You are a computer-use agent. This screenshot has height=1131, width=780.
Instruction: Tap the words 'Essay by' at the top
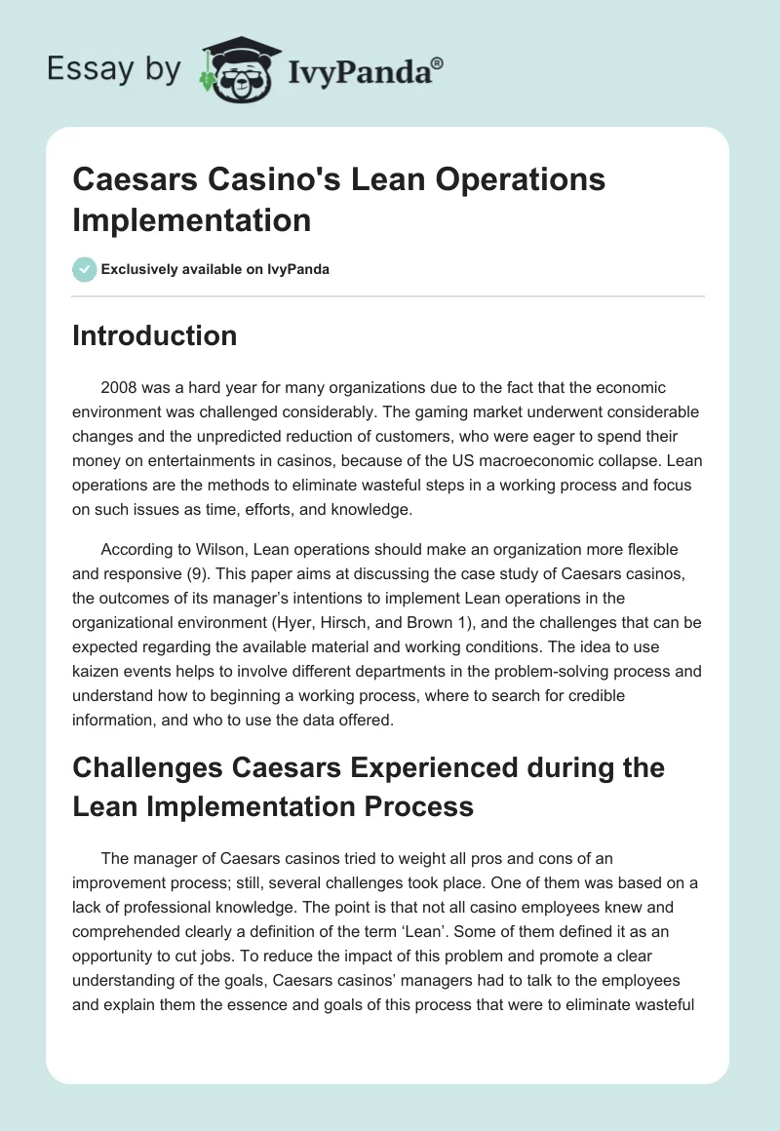114,69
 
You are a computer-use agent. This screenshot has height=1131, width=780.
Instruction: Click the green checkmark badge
85,269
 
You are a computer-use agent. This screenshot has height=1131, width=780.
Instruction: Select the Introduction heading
155,336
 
